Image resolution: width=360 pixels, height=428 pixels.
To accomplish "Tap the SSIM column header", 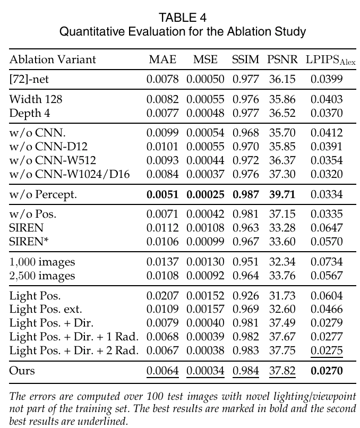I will click(245, 59).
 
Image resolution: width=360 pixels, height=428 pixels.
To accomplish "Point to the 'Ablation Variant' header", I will click(53, 59).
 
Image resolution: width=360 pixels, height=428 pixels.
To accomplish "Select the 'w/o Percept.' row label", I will click(43, 194).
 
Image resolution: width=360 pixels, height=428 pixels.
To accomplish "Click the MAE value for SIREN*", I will click(162, 242).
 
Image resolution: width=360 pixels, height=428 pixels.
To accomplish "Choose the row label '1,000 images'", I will click(42, 262).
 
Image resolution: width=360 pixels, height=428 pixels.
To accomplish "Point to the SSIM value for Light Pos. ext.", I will click(245, 310).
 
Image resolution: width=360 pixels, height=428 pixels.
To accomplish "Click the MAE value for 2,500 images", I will click(162, 276).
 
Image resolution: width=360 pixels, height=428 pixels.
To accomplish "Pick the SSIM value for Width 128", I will click(245, 99).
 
